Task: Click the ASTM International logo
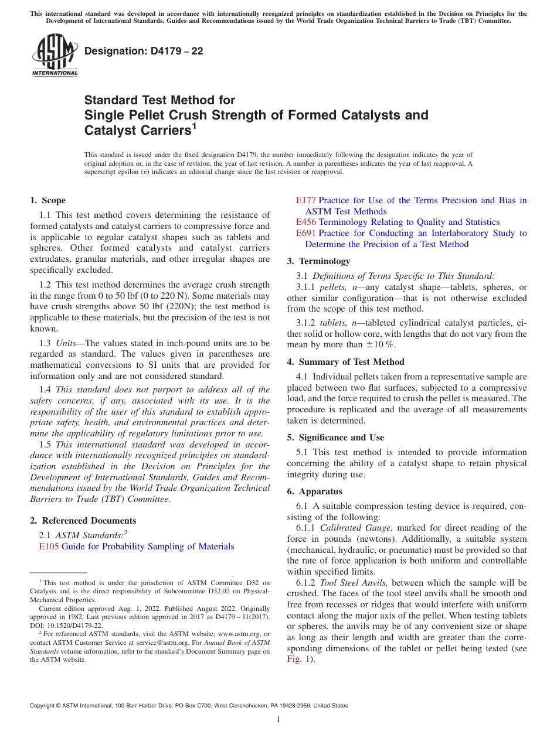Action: tap(55, 56)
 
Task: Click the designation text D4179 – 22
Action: tap(144, 51)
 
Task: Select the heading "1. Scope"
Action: tap(48, 200)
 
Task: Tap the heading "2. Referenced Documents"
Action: tap(83, 520)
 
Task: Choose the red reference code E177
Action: tap(306, 200)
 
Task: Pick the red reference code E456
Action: tap(306, 222)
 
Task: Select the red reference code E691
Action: tap(306, 233)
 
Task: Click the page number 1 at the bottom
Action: tap(278, 719)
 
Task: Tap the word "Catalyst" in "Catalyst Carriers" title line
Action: tap(110, 131)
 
